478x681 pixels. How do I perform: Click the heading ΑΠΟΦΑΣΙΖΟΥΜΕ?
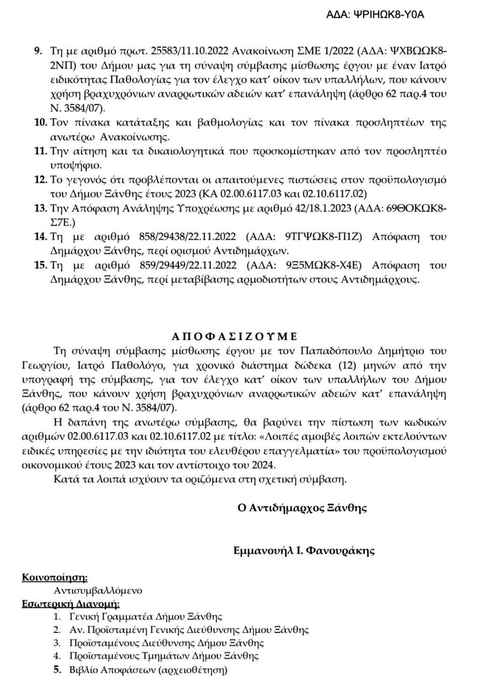pyautogui.click(x=234, y=336)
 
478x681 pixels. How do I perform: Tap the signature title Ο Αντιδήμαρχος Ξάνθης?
pyautogui.click(x=301, y=508)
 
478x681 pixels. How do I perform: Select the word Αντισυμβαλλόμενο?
pyautogui.click(x=98, y=591)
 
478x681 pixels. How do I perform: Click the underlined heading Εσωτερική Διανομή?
pyautogui.click(x=71, y=604)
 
